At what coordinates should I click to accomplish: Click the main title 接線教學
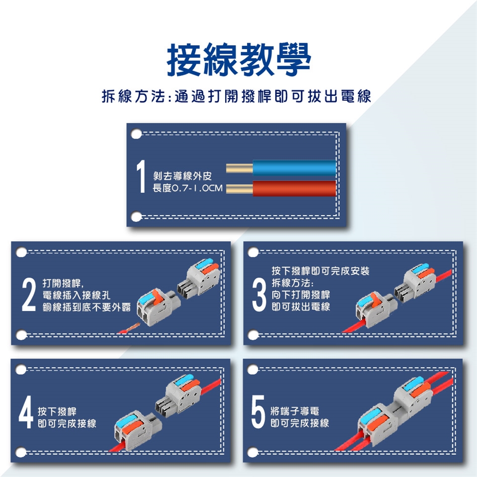tap(239, 59)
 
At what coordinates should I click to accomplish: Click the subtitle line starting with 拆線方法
tap(237, 96)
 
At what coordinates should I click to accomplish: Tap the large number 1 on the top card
tap(141, 176)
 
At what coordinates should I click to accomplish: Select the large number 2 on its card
tap(29, 295)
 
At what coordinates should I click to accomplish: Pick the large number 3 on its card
tap(259, 295)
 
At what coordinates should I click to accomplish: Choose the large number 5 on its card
tap(258, 411)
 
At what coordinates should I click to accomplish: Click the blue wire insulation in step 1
tap(295, 168)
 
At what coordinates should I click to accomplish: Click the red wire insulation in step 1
tap(295, 188)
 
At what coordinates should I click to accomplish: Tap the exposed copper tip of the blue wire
tap(239, 168)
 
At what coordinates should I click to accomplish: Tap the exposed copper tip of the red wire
tap(239, 189)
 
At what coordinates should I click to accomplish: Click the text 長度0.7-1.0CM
tap(187, 188)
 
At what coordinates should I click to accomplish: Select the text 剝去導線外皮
tap(182, 176)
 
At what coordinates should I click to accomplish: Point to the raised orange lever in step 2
tap(158, 297)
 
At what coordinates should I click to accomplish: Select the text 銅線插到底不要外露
tap(86, 307)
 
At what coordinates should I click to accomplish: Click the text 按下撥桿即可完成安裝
tap(320, 271)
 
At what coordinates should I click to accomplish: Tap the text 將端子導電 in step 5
tap(295, 411)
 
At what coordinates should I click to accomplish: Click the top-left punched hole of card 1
tap(136, 134)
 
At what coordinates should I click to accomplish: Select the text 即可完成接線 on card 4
tap(67, 423)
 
